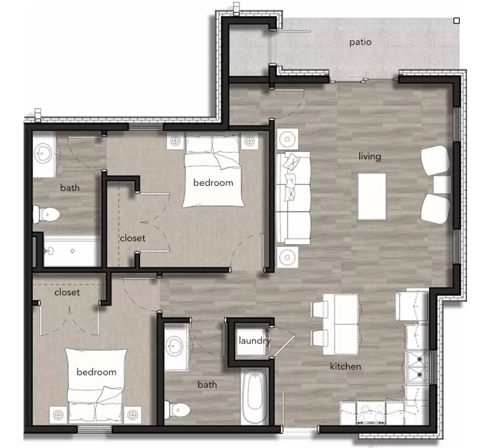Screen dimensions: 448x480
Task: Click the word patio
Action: (360, 42)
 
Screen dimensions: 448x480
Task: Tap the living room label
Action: (370, 156)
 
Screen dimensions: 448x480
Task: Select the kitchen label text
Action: (345, 366)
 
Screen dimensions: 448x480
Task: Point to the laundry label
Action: (254, 341)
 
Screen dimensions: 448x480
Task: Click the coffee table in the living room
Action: (372, 196)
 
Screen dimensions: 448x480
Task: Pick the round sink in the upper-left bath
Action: (44, 153)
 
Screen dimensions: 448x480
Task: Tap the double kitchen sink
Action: (418, 366)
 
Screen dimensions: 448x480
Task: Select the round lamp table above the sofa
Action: (287, 138)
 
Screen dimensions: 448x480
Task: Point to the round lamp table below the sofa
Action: (287, 257)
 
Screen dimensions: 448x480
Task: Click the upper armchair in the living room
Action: (435, 161)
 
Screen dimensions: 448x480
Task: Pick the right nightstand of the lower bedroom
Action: (132, 414)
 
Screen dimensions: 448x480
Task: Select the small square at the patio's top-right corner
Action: (456, 20)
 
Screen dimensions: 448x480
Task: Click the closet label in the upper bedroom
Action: (133, 239)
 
